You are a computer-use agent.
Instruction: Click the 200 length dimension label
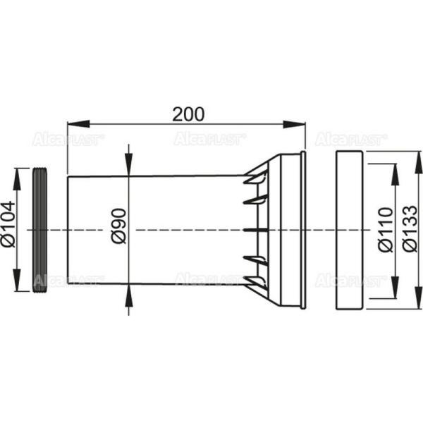189,113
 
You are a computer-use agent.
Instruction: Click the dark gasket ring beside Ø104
40,230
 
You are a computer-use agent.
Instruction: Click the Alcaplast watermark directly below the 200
210,139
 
